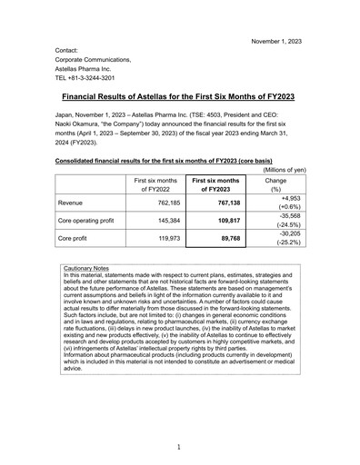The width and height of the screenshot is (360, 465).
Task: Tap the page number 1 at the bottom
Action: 179,446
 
